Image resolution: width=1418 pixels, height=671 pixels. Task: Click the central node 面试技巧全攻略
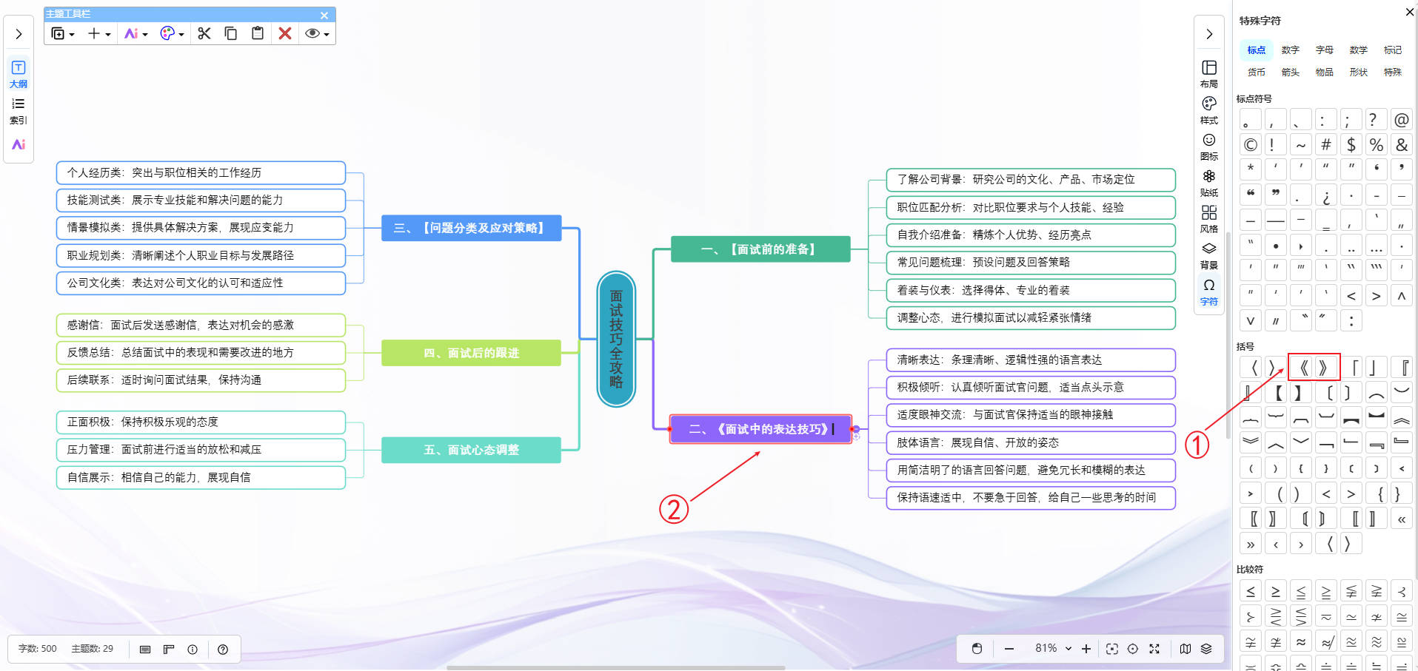click(x=616, y=339)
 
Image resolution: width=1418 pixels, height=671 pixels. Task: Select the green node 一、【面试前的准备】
click(x=760, y=249)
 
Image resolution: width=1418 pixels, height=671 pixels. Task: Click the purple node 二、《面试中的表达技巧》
click(x=760, y=429)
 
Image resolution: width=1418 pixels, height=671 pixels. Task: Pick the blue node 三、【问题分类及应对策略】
click(x=471, y=228)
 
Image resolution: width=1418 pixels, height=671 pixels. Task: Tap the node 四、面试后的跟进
click(x=471, y=353)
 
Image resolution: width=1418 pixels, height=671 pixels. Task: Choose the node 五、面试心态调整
click(x=471, y=450)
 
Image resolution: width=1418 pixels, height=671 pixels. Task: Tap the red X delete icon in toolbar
click(x=285, y=33)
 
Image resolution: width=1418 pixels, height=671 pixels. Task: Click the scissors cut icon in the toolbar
click(x=204, y=33)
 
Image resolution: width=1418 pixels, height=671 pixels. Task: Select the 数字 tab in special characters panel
click(x=1291, y=50)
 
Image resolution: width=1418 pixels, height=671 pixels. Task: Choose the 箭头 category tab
click(x=1291, y=73)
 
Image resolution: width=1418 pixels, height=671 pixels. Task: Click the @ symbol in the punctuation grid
click(x=1401, y=120)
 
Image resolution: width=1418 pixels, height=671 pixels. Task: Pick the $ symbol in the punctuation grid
click(x=1351, y=145)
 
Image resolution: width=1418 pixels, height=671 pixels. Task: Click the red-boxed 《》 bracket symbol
click(x=1314, y=367)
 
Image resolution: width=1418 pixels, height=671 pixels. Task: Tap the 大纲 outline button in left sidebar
click(x=19, y=74)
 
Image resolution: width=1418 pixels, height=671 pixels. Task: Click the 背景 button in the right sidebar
click(x=1208, y=255)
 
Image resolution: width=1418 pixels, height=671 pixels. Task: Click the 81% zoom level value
click(x=1046, y=648)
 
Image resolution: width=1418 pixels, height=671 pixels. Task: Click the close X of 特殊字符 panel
click(x=1409, y=12)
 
